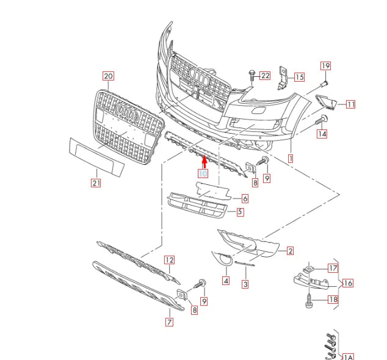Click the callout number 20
(108, 76)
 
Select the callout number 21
(95, 182)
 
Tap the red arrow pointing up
(204, 161)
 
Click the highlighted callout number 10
(203, 173)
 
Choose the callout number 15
(298, 77)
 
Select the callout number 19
(325, 65)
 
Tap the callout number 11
(350, 104)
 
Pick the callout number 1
(291, 158)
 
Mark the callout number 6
(244, 198)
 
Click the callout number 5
(240, 212)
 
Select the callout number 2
(290, 251)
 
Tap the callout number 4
(226, 281)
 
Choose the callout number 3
(245, 284)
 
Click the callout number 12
(168, 261)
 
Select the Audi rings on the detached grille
(126, 114)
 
